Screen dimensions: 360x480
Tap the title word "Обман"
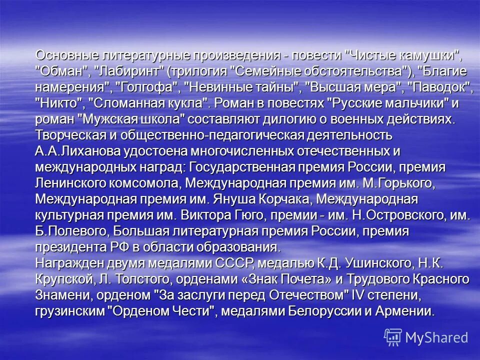click(x=61, y=70)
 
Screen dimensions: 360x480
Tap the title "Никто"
click(x=59, y=103)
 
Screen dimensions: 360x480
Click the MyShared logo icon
click(x=393, y=336)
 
